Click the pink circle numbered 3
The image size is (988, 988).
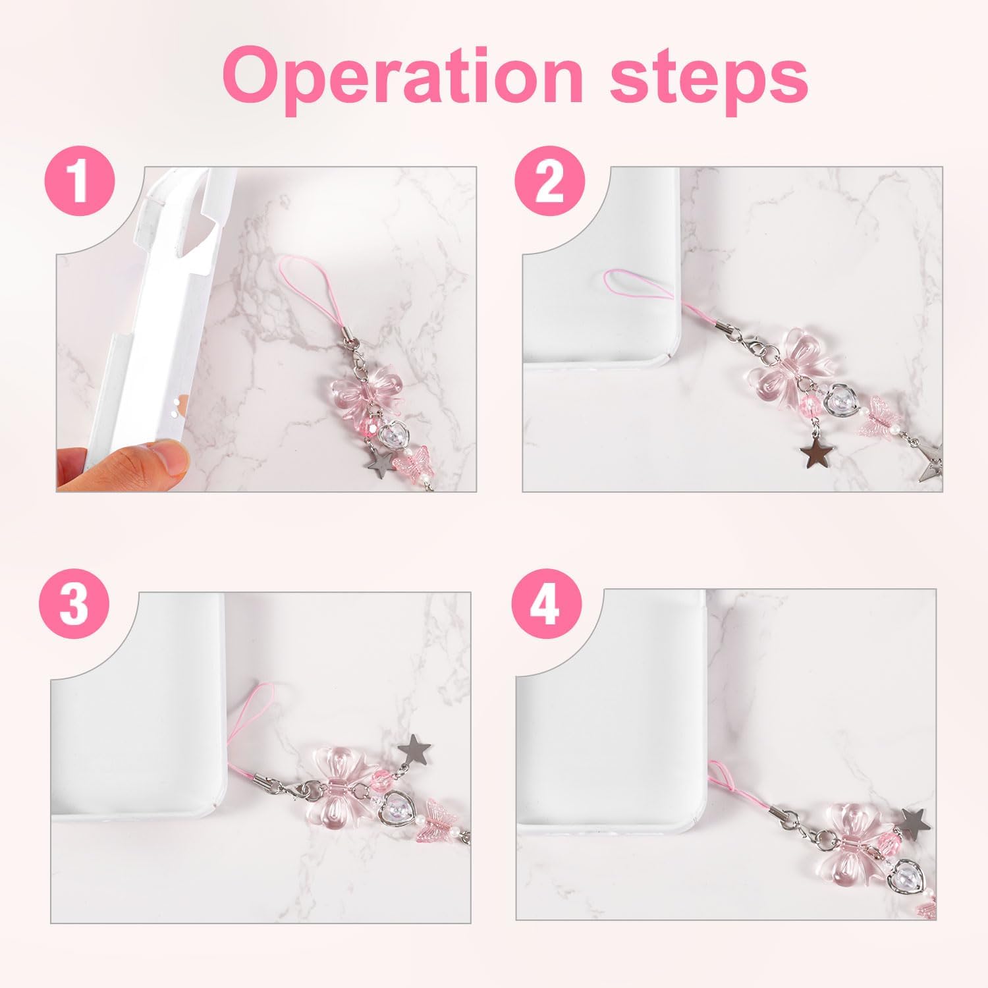[74, 604]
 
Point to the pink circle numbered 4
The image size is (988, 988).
[545, 605]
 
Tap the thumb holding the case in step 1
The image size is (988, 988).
[132, 459]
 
